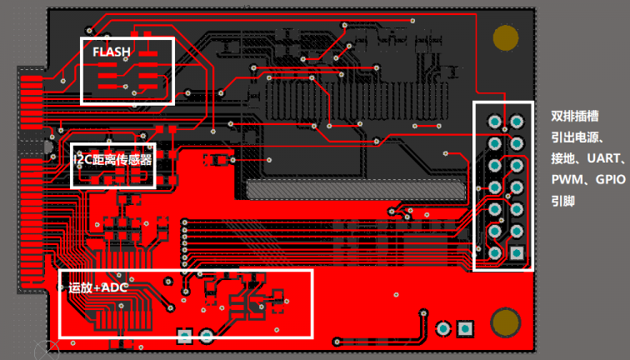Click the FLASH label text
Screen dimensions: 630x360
point(112,52)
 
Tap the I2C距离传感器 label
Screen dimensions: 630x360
point(112,160)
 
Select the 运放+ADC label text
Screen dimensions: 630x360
point(98,287)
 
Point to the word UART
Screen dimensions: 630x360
point(603,158)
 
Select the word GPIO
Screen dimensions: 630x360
point(610,179)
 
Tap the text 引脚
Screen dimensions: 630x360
point(562,201)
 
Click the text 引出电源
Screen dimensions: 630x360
point(575,137)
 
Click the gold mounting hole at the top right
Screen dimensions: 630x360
point(506,37)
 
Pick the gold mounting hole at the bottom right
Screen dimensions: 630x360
point(506,322)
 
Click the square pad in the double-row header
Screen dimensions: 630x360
point(517,252)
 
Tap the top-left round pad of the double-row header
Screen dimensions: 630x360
point(495,122)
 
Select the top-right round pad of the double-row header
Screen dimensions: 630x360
point(517,122)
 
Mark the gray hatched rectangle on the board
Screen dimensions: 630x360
point(356,189)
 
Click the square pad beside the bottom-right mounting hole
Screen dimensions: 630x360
point(465,329)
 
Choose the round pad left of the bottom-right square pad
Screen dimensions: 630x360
point(443,329)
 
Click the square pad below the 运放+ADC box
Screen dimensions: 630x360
point(184,336)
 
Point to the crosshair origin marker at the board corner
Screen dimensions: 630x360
point(47,349)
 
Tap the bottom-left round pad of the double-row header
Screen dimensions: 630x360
point(495,252)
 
